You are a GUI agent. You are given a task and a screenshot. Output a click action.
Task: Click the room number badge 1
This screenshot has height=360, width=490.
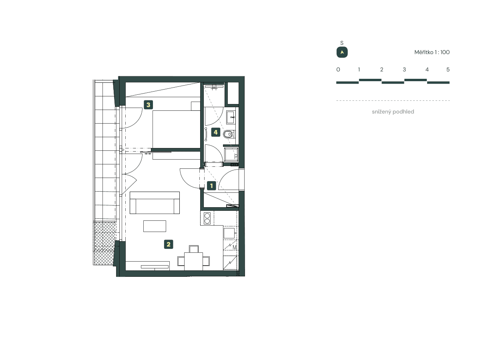(211, 186)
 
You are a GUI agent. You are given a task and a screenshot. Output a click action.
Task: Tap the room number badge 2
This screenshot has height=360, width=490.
(169, 244)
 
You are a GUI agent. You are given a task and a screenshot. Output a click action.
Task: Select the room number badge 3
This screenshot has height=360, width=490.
(149, 105)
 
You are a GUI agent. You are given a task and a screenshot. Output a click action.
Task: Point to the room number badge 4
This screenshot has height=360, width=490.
(216, 132)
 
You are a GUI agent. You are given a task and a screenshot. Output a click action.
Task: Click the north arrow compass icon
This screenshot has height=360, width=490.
(342, 52)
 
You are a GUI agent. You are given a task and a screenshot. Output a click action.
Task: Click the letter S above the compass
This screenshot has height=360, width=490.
(342, 43)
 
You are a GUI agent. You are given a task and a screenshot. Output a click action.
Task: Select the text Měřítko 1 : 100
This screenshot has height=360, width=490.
(432, 52)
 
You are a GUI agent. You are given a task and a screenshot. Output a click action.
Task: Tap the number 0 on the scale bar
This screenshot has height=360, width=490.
(338, 70)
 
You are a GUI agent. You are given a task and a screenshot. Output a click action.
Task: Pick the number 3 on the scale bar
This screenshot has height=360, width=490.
(404, 70)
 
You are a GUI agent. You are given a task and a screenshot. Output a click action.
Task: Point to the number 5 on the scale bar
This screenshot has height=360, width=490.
(448, 70)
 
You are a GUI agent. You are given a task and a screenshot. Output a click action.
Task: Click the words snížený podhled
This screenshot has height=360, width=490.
(393, 112)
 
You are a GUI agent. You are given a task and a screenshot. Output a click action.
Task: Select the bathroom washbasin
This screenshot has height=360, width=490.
(232, 117)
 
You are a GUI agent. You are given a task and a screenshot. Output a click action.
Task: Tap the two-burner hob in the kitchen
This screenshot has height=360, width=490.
(207, 218)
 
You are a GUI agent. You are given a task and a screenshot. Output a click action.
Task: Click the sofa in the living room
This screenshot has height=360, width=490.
(155, 203)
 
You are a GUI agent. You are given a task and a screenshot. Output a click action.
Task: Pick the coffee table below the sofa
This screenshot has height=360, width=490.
(155, 226)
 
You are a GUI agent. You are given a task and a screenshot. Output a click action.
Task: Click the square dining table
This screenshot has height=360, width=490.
(193, 262)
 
